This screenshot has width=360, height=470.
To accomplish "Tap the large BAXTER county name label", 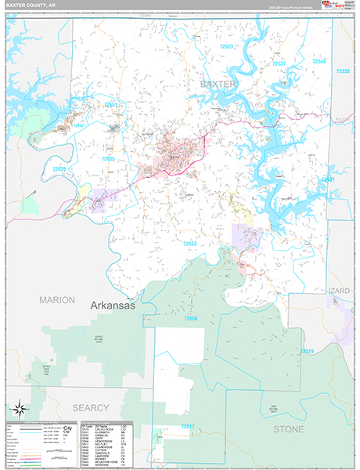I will click(218, 82).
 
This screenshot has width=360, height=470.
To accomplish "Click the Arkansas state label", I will click(113, 305).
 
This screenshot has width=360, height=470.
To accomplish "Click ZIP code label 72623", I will click(228, 47).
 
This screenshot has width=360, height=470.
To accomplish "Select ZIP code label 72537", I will click(279, 63).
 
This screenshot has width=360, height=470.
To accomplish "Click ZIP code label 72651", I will click(113, 104).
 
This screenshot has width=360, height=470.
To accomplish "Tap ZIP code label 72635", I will click(108, 159).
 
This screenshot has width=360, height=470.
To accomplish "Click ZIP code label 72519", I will click(308, 351).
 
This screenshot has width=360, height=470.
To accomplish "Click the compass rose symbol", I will click(21, 409).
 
